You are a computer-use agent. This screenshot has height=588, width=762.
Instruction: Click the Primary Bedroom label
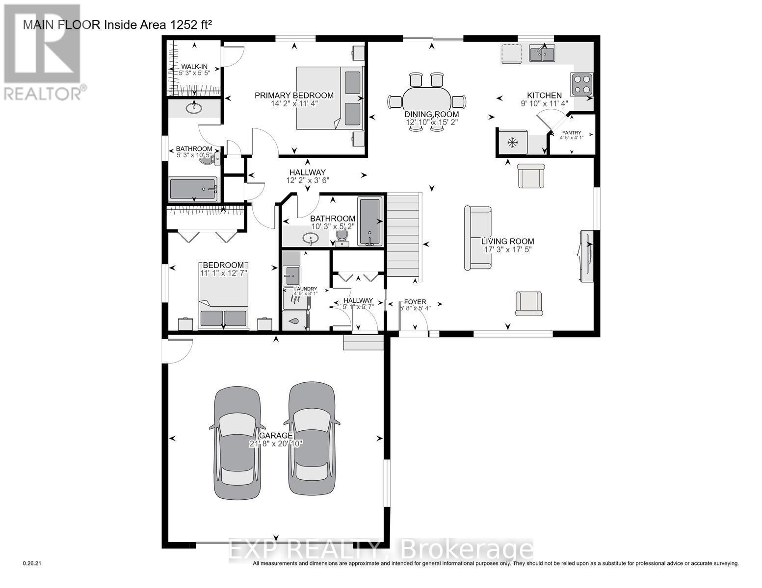click(x=294, y=96)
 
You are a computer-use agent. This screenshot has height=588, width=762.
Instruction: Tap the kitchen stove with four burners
click(x=581, y=84)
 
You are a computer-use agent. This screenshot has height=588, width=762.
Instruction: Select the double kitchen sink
click(x=542, y=52)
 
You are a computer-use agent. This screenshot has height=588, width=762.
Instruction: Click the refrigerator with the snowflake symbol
click(x=513, y=143)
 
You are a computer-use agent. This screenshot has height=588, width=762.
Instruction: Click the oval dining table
click(x=425, y=101)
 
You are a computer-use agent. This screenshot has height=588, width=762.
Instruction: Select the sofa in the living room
click(x=477, y=238)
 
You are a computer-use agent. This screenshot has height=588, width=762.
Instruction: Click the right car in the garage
click(x=312, y=439)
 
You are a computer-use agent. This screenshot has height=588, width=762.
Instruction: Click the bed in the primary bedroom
click(x=330, y=98)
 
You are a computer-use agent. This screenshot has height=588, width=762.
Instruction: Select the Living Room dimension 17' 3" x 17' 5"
click(x=507, y=249)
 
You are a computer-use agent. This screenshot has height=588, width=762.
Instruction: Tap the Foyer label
click(x=415, y=301)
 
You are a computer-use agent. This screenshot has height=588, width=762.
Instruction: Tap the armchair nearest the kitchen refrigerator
click(x=531, y=175)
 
